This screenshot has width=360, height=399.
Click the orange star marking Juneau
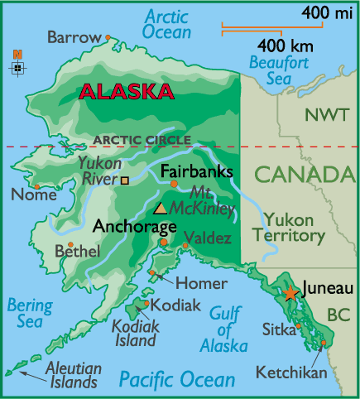tap(290, 293)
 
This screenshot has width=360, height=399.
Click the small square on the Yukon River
tap(125, 179)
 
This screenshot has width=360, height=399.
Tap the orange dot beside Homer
tap(153, 272)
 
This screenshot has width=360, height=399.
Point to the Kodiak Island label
tap(134, 333)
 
